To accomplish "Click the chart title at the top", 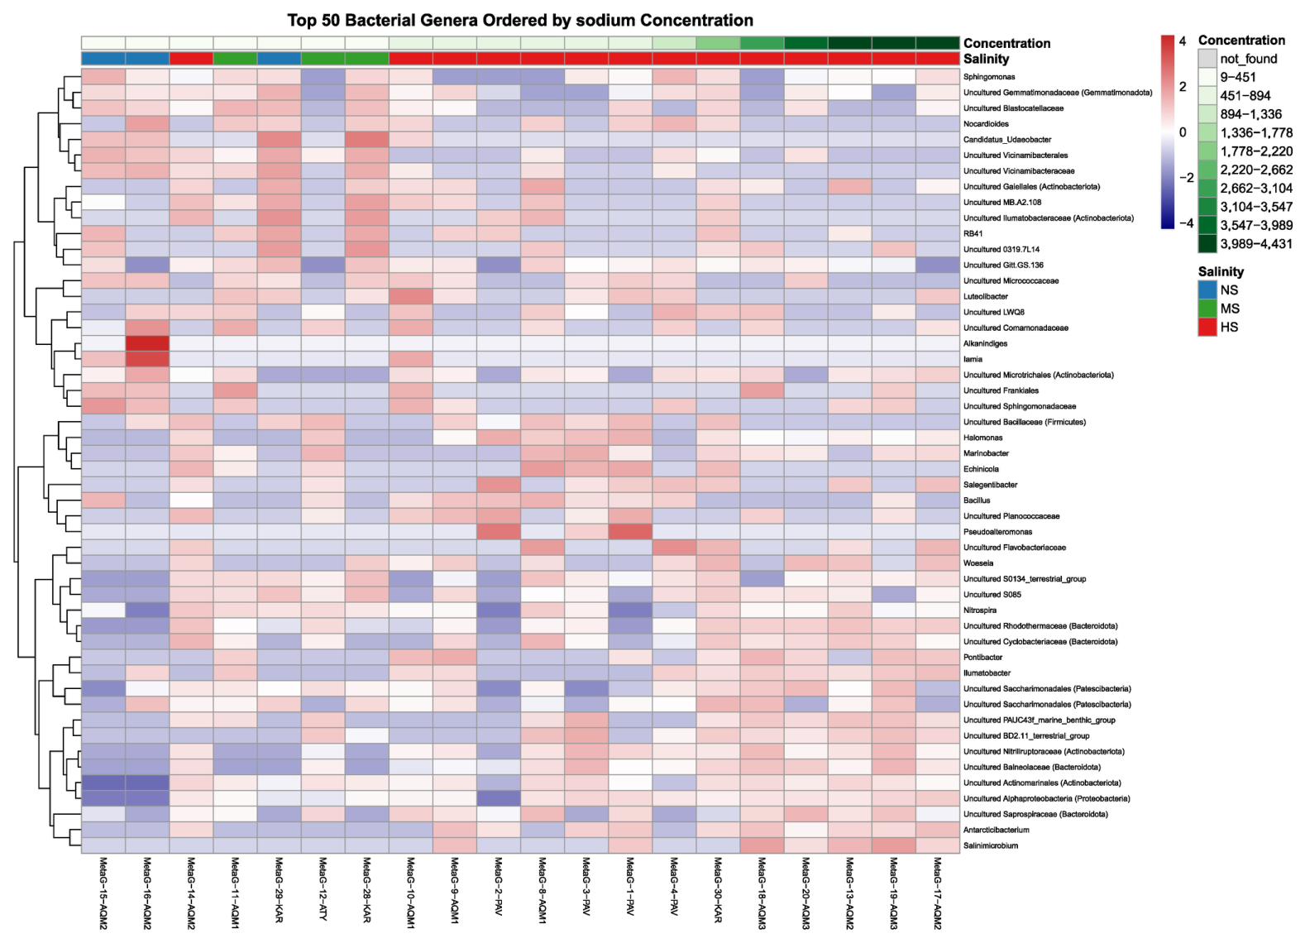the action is pyautogui.click(x=519, y=21).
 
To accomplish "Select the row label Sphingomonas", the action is pyautogui.click(x=989, y=77).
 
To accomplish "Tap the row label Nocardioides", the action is pyautogui.click(x=986, y=124).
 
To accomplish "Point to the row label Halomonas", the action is pyautogui.click(x=982, y=438).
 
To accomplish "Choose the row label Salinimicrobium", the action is pyautogui.click(x=991, y=845).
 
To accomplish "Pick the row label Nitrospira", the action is pyautogui.click(x=980, y=610).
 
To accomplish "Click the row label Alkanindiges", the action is pyautogui.click(x=985, y=344).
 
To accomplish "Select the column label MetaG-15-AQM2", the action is pyautogui.click(x=103, y=893).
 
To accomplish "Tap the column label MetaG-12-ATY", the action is pyautogui.click(x=323, y=888).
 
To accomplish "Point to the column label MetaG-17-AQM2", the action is pyautogui.click(x=937, y=893).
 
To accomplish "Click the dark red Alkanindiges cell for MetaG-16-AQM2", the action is pyautogui.click(x=147, y=343).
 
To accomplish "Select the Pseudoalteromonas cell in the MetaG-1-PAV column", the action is pyautogui.click(x=630, y=532).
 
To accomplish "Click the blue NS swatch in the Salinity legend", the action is pyautogui.click(x=1207, y=290).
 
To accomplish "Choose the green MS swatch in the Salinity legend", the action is pyautogui.click(x=1207, y=309).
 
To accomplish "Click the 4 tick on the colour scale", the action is pyautogui.click(x=1182, y=41).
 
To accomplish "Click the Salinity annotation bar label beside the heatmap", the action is pyautogui.click(x=986, y=59).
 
